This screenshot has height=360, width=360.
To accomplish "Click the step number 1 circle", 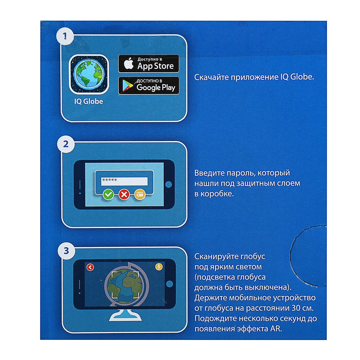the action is click(x=65, y=36).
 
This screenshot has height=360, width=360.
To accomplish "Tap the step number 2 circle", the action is click(x=66, y=144).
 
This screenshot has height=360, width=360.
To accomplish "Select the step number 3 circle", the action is click(x=66, y=250).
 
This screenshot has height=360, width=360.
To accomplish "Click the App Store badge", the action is click(x=148, y=64).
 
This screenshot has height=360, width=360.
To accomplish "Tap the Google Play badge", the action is click(x=148, y=85).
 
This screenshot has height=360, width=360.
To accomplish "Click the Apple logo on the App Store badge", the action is click(x=129, y=64).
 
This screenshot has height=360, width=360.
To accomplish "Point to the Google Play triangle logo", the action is click(x=127, y=86).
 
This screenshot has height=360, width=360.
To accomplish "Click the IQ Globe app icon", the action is click(x=89, y=74).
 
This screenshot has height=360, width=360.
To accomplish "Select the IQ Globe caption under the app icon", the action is click(x=88, y=101).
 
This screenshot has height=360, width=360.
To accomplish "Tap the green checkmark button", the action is click(x=109, y=194).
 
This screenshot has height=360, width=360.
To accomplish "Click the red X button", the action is click(x=124, y=194).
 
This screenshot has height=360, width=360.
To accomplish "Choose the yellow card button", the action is click(x=140, y=194).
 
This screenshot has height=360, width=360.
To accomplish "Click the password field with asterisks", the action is click(x=124, y=181).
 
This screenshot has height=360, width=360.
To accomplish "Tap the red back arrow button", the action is click(x=90, y=267).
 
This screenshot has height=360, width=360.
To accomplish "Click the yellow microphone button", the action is click(x=159, y=267).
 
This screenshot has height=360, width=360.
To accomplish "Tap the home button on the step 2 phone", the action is click(x=169, y=184).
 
